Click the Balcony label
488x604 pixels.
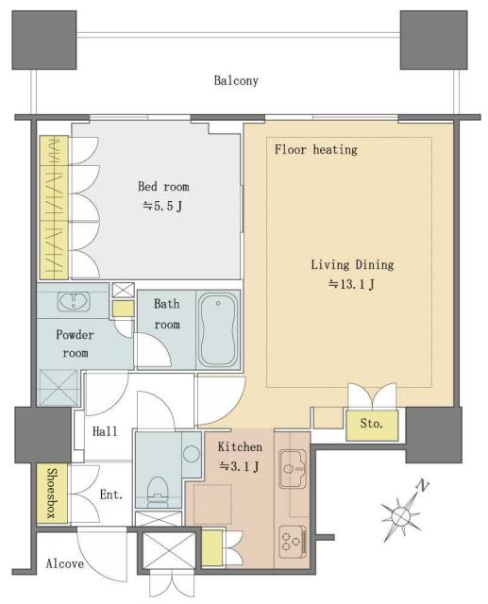(x=236, y=81)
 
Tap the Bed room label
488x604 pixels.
(x=163, y=187)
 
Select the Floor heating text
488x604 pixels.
(x=316, y=149)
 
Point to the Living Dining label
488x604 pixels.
(x=352, y=265)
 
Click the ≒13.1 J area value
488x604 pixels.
(x=351, y=285)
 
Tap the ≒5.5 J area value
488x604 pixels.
(x=162, y=207)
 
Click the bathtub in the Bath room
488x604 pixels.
(x=218, y=329)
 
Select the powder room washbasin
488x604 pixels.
(x=74, y=302)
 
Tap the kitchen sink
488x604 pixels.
(x=293, y=469)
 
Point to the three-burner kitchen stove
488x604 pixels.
(x=293, y=542)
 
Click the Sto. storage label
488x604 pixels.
(x=372, y=424)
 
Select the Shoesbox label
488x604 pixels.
(x=52, y=493)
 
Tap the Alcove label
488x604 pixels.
(x=65, y=564)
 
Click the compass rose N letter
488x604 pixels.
(x=423, y=487)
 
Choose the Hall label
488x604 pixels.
(x=105, y=431)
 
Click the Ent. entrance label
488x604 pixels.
(x=111, y=495)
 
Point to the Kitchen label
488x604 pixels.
(x=240, y=446)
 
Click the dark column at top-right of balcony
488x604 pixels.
(x=433, y=40)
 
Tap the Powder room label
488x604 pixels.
(x=76, y=344)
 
